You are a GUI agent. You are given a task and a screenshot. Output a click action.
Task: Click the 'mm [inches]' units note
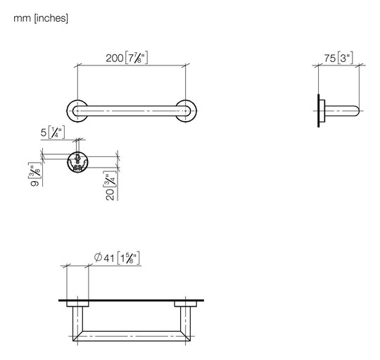tap(41, 18)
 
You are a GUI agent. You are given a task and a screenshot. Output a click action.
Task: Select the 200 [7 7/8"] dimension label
tap(127, 58)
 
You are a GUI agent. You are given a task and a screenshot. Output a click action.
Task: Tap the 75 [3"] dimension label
tap(338, 58)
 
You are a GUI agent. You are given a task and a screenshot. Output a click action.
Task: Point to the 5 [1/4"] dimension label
tap(53, 132)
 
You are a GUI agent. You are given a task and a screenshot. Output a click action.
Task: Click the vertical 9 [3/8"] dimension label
tap(35, 174)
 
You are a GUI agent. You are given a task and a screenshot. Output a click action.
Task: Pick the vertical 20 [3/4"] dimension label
tap(110, 186)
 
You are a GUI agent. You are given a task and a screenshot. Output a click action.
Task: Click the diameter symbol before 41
tap(98, 257)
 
